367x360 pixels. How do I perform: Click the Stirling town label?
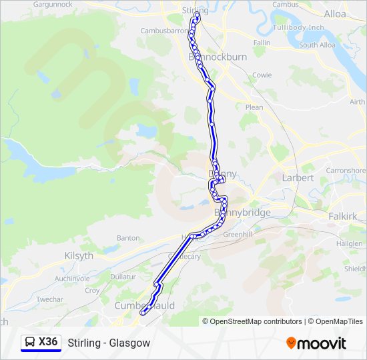(196, 11)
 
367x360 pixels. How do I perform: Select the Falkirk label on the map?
(343, 217)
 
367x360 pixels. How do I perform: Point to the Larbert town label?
(298, 178)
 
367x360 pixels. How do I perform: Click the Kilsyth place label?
(79, 256)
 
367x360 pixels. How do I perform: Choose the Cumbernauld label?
(145, 305)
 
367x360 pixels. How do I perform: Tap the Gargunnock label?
(52, 4)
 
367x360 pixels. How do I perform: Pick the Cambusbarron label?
(163, 31)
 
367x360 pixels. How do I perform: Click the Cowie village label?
(262, 75)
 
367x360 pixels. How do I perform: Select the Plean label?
(254, 107)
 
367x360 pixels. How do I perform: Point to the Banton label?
(128, 237)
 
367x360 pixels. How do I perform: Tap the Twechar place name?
(49, 300)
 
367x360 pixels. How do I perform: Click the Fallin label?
(262, 43)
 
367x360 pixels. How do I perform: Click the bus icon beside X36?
(30, 342)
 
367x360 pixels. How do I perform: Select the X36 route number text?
(48, 342)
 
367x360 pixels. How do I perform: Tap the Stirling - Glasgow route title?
(109, 343)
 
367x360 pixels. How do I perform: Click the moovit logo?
(316, 343)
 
